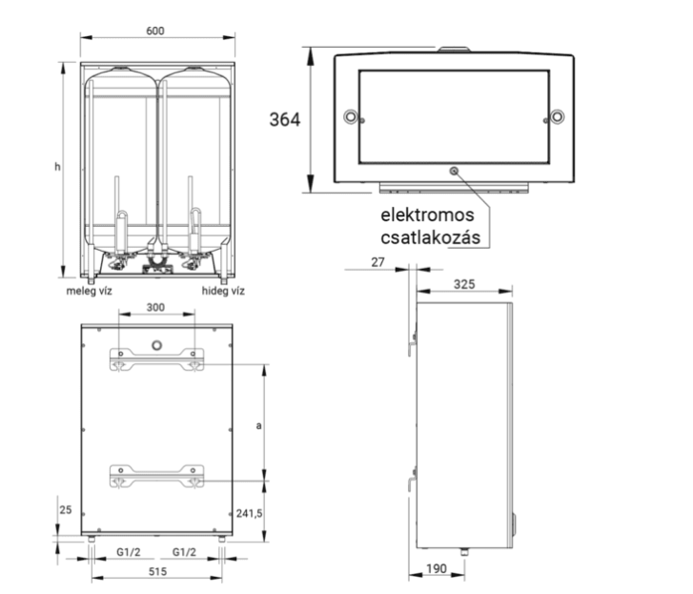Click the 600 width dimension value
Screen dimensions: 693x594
(155, 31)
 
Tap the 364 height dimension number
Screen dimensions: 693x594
(285, 119)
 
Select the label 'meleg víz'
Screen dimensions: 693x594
(89, 291)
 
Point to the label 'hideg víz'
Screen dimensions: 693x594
(223, 291)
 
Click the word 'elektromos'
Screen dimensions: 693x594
(427, 215)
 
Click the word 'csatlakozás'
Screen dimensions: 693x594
(431, 237)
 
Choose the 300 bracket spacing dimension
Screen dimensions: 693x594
(155, 307)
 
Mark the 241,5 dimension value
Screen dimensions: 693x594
(249, 513)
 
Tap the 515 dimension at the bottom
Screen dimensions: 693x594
(157, 571)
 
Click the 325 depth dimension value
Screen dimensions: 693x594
(464, 284)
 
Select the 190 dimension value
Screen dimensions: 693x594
(437, 568)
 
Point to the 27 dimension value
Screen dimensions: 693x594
(377, 262)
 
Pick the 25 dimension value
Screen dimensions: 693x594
(66, 509)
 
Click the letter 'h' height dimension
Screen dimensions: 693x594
(57, 167)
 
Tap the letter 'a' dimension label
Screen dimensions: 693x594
(258, 425)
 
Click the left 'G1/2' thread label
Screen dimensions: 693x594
(128, 552)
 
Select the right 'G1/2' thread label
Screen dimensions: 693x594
(184, 552)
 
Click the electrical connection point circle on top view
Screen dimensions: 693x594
(454, 171)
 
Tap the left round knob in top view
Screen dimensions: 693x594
(351, 116)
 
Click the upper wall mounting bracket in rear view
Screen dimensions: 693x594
(156, 359)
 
